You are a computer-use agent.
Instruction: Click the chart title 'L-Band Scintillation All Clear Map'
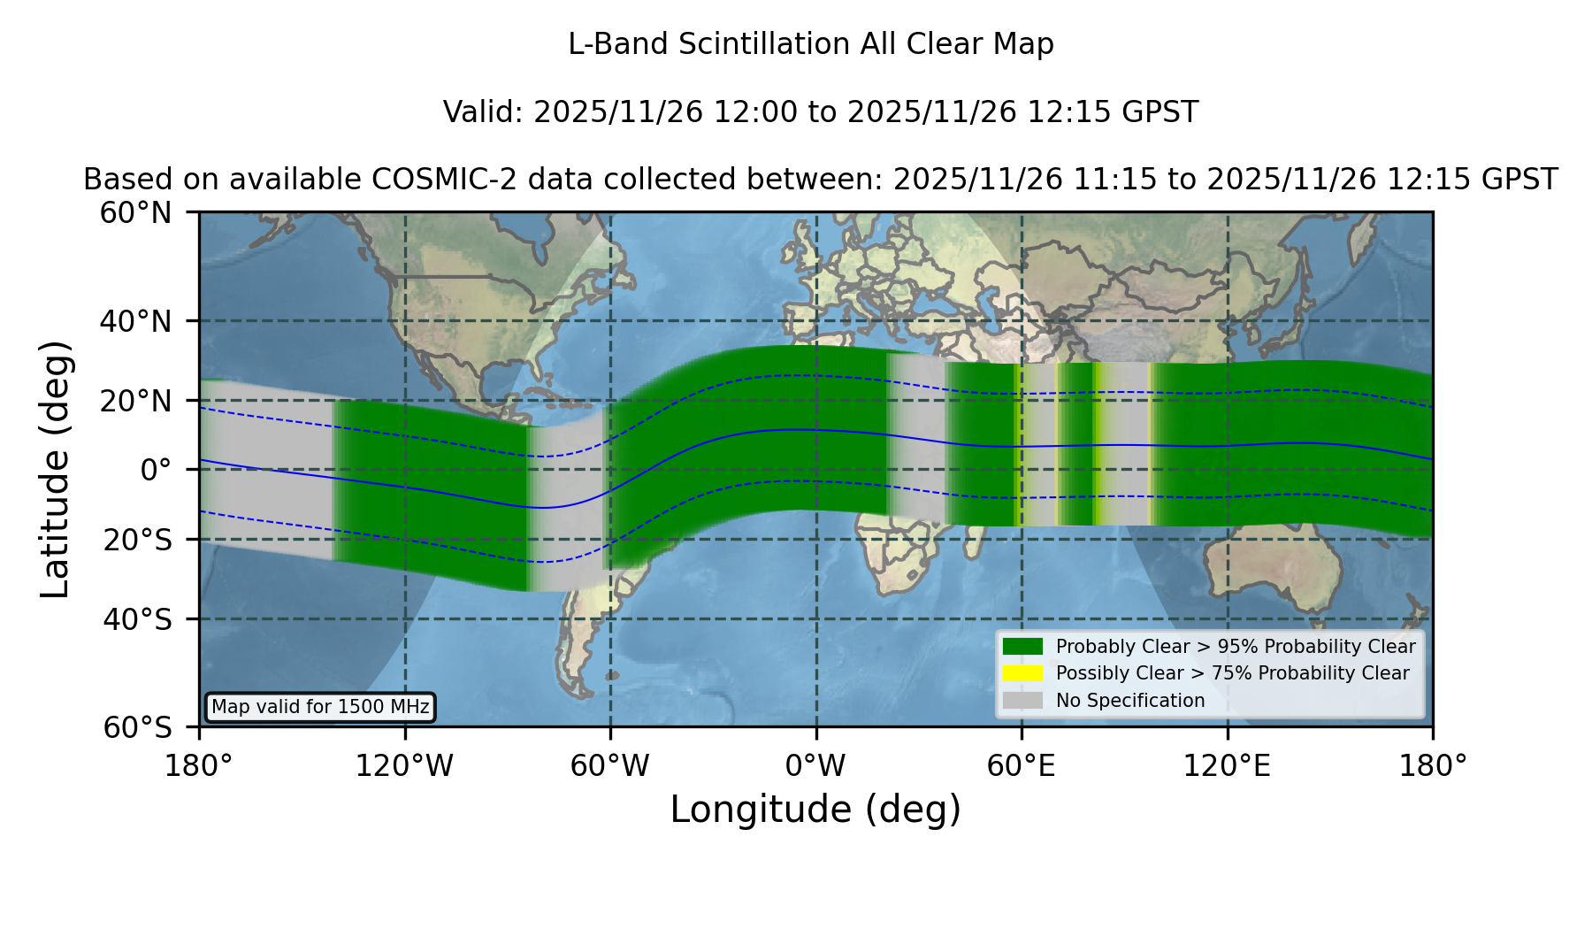[x=811, y=44]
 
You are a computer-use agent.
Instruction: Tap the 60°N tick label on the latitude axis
[x=136, y=212]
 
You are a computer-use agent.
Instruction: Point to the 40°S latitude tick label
[x=138, y=619]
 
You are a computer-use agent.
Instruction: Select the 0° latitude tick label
[x=157, y=470]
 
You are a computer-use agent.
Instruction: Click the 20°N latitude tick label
[x=136, y=401]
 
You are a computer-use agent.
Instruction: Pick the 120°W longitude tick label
[x=404, y=766]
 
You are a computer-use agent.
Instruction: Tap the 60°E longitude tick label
[x=1022, y=766]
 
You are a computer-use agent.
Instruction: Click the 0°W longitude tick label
[x=816, y=766]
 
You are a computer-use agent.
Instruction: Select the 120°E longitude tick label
[x=1227, y=766]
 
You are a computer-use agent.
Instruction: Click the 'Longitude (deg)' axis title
[x=815, y=810]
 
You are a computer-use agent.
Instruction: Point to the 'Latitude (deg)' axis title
[x=55, y=469]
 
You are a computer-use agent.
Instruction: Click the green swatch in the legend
[x=1023, y=647]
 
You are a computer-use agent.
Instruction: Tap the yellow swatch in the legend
[x=1023, y=673]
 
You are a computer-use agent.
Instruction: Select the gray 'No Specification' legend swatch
[x=1023, y=701]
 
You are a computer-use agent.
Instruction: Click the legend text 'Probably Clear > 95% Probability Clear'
[x=1236, y=647]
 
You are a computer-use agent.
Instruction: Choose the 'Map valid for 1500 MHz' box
[x=320, y=707]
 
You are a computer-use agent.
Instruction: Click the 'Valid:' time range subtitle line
[x=821, y=112]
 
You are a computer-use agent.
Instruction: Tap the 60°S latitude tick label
[x=138, y=728]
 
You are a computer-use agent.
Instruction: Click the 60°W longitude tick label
[x=610, y=766]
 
